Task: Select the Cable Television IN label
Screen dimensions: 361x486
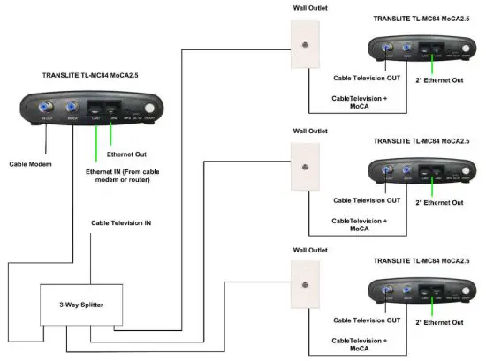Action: click(x=121, y=223)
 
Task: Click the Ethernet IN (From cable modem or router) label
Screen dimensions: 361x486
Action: click(x=117, y=175)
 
